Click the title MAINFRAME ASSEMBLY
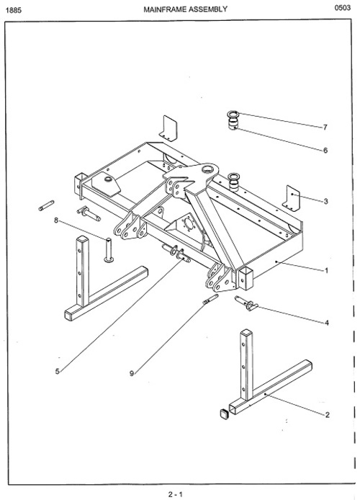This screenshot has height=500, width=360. (186, 9)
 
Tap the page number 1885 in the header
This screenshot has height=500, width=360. (14, 10)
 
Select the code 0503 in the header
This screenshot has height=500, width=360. (343, 8)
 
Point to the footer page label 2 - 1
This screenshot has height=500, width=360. (176, 494)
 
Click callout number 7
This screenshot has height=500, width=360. (325, 128)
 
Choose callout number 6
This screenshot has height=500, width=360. (325, 150)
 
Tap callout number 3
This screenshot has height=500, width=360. (325, 201)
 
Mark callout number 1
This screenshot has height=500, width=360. (326, 270)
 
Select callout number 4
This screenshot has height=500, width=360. (327, 323)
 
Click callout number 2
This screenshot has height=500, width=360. (327, 415)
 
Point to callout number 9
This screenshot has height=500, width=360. (132, 373)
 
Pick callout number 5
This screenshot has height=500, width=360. (58, 371)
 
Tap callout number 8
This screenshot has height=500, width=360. (56, 220)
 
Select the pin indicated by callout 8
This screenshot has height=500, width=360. (109, 250)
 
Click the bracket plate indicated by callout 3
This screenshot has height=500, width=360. (292, 197)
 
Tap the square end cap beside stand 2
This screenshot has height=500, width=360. (224, 414)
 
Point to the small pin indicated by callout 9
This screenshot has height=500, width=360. (210, 300)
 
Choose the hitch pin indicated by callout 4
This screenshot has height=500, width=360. (246, 303)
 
